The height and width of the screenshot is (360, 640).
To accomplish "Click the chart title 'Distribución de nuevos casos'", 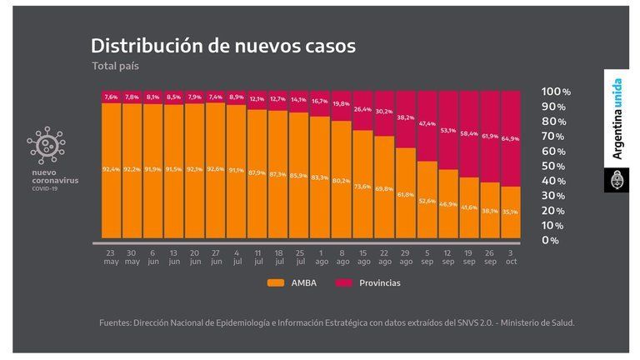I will [x=222, y=46].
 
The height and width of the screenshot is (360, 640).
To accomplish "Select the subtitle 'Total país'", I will [x=116, y=66].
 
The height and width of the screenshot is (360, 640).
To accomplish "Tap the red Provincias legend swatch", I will [x=345, y=283].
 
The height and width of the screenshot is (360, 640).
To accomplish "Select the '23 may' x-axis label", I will [x=111, y=257].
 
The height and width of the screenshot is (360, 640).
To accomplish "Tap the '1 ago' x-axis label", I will [x=320, y=257].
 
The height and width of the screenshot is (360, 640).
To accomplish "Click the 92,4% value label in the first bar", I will [x=111, y=169].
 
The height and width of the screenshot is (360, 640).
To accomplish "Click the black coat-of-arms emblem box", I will [x=617, y=180].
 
